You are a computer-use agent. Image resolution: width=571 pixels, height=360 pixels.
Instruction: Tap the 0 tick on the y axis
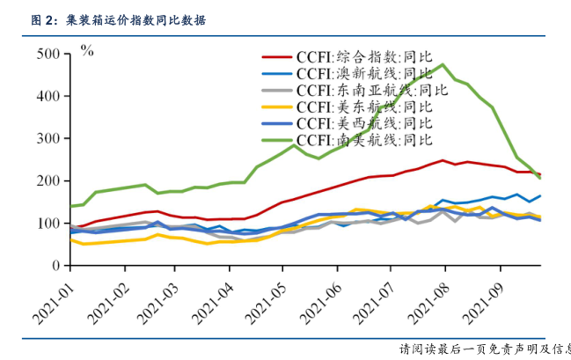(56, 266)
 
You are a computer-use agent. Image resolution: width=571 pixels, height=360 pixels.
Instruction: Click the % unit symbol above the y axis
(87, 50)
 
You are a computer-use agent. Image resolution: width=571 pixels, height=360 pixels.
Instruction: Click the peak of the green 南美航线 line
(444, 64)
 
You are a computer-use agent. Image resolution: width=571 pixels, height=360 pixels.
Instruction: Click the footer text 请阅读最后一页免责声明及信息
(484, 349)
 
